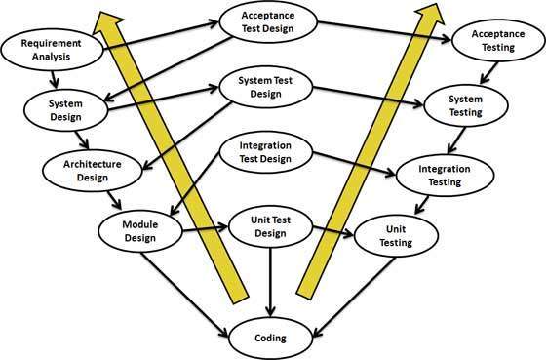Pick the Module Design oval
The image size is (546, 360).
coord(139,230)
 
